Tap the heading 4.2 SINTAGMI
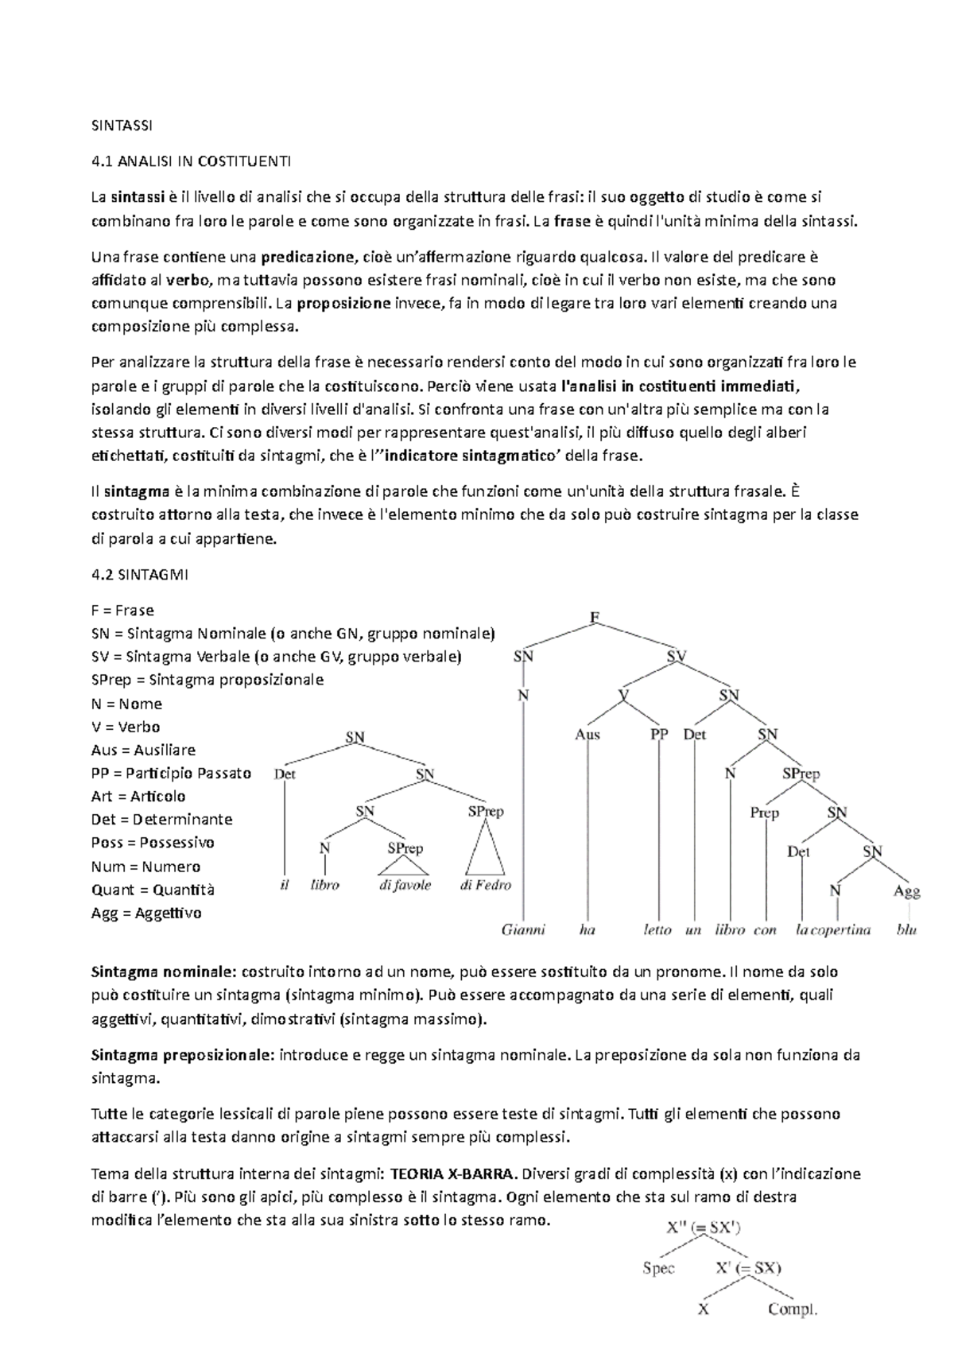tap(140, 575)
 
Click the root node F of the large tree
tap(594, 617)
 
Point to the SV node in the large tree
tap(677, 657)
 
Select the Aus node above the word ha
tap(587, 735)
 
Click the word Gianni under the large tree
tap(523, 929)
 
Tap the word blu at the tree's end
tap(906, 929)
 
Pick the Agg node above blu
tap(906, 891)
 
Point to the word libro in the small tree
tap(324, 885)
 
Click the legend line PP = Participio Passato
tap(171, 773)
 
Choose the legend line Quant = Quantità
tap(153, 890)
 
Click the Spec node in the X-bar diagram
tap(658, 1269)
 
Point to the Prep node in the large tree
tap(764, 813)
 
